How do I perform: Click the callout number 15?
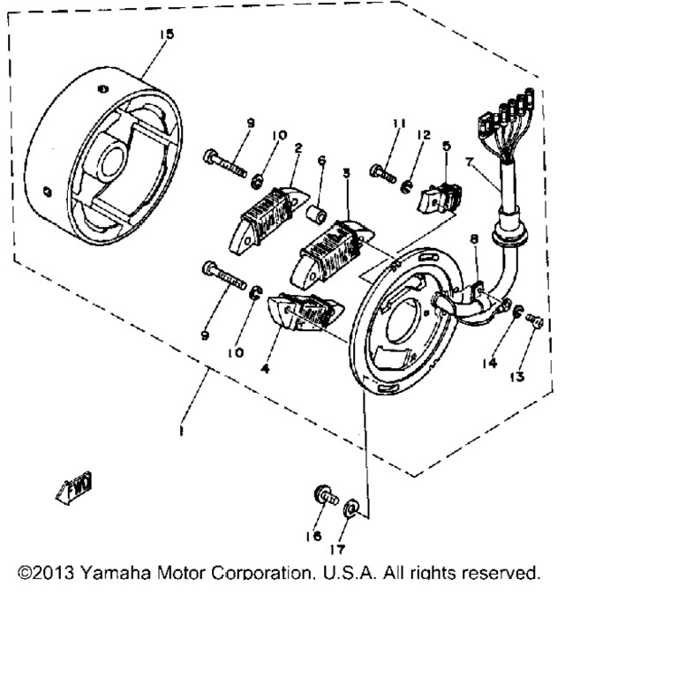pyautogui.click(x=167, y=34)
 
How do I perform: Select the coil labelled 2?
pyautogui.click(x=262, y=213)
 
